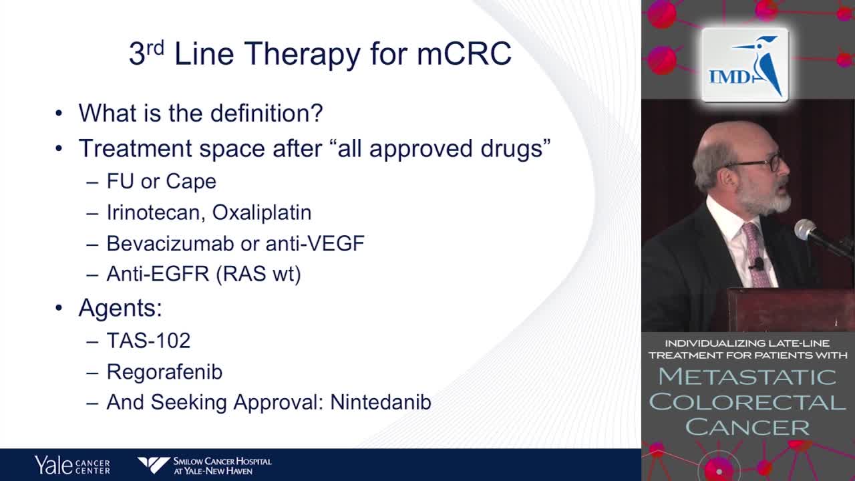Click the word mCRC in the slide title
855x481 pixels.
pyautogui.click(x=464, y=53)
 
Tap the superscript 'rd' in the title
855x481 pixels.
pyautogui.click(x=156, y=48)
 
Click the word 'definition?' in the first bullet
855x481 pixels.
pyautogui.click(x=267, y=113)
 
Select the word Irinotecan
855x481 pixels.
pyautogui.click(x=152, y=212)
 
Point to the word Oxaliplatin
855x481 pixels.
pyautogui.click(x=262, y=213)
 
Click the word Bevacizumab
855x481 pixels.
pyautogui.click(x=170, y=243)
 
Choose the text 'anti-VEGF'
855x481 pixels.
pyautogui.click(x=315, y=243)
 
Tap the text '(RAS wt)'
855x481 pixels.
pyautogui.click(x=259, y=274)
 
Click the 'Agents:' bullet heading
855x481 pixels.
pyautogui.click(x=120, y=308)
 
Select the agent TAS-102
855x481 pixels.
pyautogui.click(x=148, y=341)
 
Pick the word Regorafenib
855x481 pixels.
pyautogui.click(x=164, y=372)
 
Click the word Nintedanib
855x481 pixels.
pyautogui.click(x=381, y=402)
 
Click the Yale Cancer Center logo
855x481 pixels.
pyautogui.click(x=72, y=465)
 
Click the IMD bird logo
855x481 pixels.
pyautogui.click(x=745, y=65)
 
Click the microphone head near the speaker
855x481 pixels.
pyautogui.click(x=805, y=229)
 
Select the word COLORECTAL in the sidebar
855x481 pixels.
pyautogui.click(x=747, y=402)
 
